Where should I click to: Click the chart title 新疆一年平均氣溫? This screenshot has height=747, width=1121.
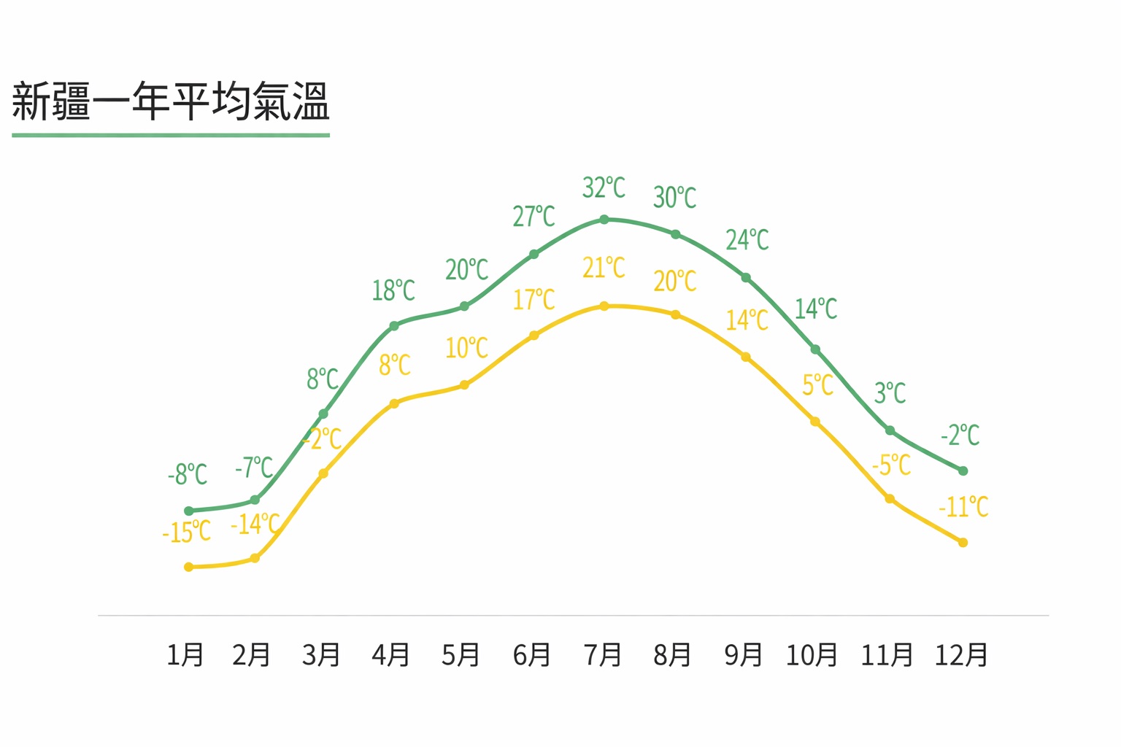pos(171,101)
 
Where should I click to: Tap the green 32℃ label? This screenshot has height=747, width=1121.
pos(604,187)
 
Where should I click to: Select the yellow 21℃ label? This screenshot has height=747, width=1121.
pos(604,268)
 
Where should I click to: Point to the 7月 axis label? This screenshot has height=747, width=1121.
pos(602,654)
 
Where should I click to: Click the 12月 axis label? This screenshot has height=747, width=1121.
pos(961,654)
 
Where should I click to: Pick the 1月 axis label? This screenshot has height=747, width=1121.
pos(185,654)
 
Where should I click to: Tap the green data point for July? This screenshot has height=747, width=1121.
pos(604,220)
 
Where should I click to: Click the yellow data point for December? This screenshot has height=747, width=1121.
pos(963,543)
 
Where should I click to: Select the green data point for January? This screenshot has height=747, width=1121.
pos(189,511)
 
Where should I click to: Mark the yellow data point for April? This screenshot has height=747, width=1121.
pos(394,403)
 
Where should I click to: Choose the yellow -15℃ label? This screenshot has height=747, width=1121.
pos(186,533)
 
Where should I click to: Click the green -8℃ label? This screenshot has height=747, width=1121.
pos(188,475)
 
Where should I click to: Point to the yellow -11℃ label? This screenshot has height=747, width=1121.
pos(963,506)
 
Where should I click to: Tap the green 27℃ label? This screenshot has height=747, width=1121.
pos(533,217)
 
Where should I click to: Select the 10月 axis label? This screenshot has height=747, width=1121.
pos(811,654)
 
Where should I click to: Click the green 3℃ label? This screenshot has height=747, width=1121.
pos(890,393)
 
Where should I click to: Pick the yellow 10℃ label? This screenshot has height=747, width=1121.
pos(466,348)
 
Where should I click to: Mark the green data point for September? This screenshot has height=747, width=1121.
pos(746,278)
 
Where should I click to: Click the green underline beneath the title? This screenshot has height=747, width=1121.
pos(171,135)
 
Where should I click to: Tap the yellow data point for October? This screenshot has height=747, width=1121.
pos(815,422)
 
